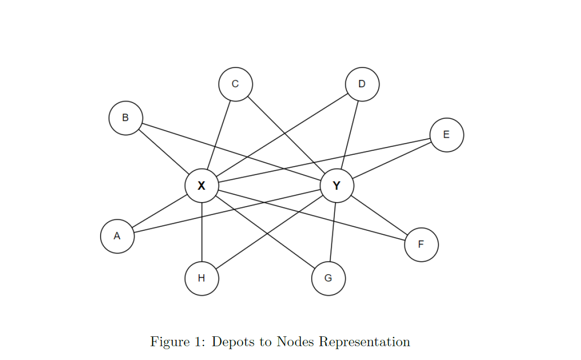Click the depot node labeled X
tap(201, 186)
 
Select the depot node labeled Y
tap(337, 186)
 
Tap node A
tap(117, 236)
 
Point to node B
tap(125, 118)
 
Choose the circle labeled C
tap(235, 84)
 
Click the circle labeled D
tap(362, 84)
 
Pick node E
tap(446, 135)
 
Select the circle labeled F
tap(421, 245)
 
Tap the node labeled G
tap(328, 278)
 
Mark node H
tap(201, 278)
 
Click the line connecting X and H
tap(202, 232)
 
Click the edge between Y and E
tap(392, 160)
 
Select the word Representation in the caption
tap(364, 341)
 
